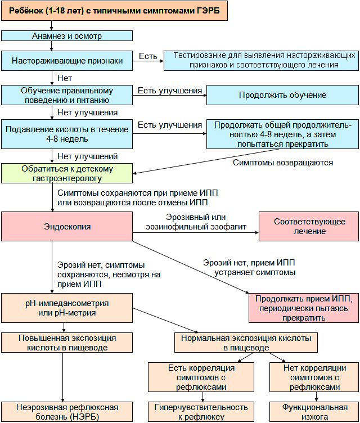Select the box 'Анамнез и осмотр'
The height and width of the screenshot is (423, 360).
point(67,36)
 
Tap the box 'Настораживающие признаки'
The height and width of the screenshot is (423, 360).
point(67,61)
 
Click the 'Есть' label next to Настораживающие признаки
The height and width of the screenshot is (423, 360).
point(148,56)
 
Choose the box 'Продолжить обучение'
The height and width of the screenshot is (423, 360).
point(282,94)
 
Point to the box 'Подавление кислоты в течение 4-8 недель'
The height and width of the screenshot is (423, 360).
point(67,133)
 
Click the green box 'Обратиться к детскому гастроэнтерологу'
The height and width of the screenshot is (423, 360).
point(67,173)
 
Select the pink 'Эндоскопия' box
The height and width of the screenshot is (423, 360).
point(67,227)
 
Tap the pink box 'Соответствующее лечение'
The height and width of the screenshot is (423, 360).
point(309,227)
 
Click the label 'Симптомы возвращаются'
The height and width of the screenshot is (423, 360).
point(283,163)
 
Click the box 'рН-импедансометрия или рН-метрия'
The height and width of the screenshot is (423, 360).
point(67,308)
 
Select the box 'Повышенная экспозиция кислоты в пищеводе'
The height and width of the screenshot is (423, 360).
point(67,343)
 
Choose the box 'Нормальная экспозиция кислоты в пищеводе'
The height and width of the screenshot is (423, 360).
point(246,343)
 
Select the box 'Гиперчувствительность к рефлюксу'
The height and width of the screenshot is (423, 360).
point(201,412)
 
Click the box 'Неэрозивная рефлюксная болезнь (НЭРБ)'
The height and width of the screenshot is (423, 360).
point(67,412)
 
